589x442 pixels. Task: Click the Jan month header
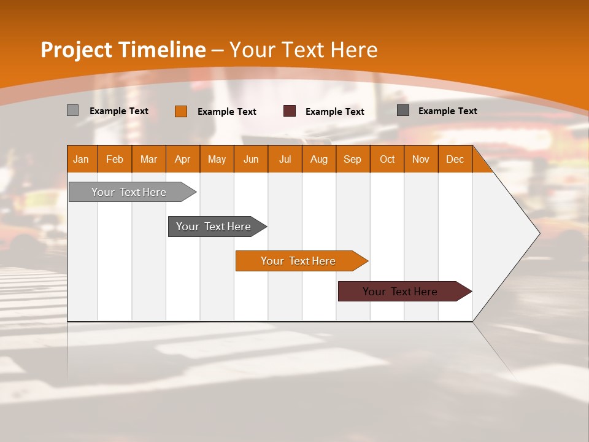pos(82,159)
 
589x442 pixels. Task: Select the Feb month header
pos(115,159)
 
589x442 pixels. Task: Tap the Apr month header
pos(182,159)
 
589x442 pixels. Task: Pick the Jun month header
pos(251,159)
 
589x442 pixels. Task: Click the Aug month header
pos(319,159)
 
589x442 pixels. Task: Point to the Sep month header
pos(353,159)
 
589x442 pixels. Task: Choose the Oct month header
pos(387,159)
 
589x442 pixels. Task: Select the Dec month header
pos(455,159)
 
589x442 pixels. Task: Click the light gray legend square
pos(72,110)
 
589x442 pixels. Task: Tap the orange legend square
pos(180,111)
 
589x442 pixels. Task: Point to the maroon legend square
pos(290,111)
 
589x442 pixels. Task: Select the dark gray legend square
pos(403,110)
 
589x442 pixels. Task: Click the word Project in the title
pos(77,50)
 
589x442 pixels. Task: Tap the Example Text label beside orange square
pos(227,112)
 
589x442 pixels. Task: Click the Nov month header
pos(421,159)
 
